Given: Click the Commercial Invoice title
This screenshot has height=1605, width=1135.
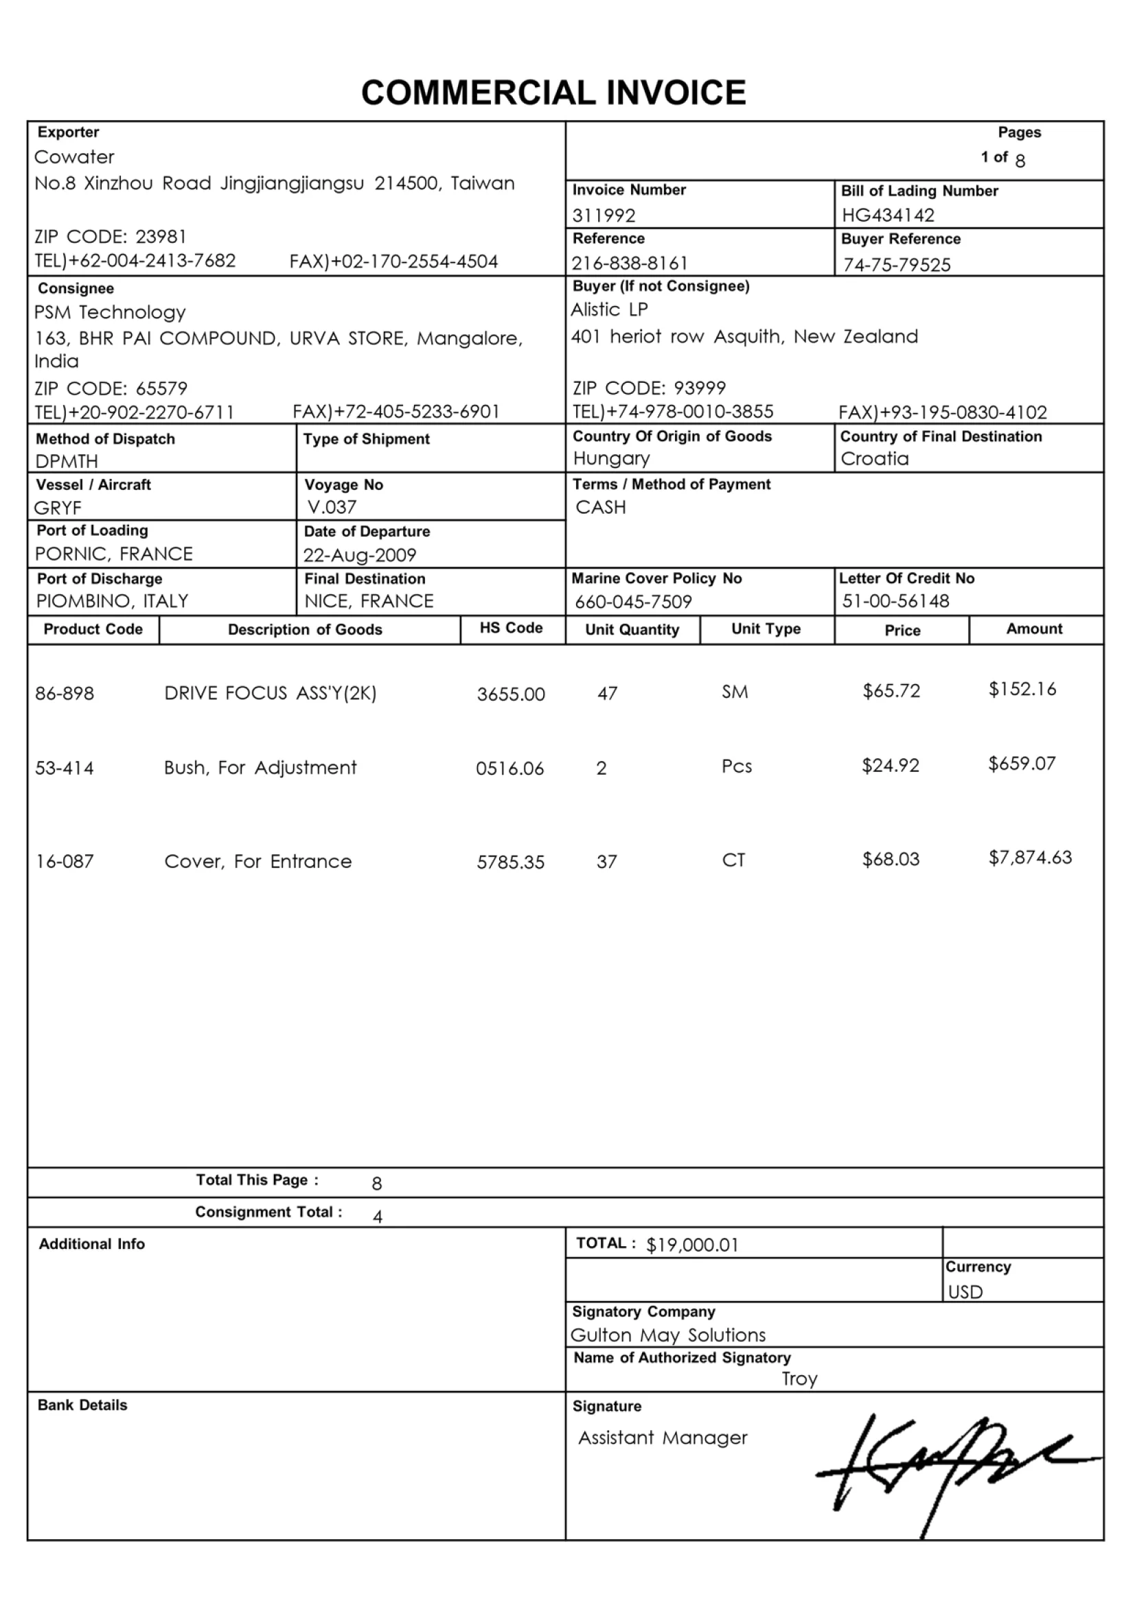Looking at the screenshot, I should [553, 93].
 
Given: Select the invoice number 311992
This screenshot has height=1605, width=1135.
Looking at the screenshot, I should [604, 215].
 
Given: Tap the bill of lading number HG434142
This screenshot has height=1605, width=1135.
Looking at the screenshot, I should [887, 215].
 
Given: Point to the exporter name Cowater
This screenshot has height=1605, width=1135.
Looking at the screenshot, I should [74, 157].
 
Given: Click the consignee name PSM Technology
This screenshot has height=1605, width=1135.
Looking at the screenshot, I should [110, 312].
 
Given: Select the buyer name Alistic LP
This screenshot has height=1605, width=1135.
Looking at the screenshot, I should [609, 309].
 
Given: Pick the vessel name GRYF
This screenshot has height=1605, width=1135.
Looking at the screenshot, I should [58, 508].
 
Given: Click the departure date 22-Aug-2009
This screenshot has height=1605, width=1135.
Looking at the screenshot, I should [360, 555].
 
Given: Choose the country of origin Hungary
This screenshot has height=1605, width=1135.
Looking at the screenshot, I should [611, 459].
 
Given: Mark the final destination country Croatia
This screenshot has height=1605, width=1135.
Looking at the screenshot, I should [874, 459].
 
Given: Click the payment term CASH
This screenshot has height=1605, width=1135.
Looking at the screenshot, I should [600, 508].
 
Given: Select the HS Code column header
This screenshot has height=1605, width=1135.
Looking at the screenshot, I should [512, 628].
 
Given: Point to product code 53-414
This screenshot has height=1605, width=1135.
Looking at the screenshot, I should [65, 769].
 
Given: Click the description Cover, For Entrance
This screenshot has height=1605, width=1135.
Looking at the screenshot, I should [257, 861].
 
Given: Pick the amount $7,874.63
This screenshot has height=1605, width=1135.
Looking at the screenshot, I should [1029, 858].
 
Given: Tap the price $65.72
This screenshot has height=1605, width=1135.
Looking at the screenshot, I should [891, 692].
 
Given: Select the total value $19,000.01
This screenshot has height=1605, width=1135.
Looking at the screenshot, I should [691, 1245].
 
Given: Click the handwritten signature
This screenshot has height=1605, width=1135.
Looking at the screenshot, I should [951, 1468].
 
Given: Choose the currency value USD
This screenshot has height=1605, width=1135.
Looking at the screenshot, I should [965, 1292].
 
